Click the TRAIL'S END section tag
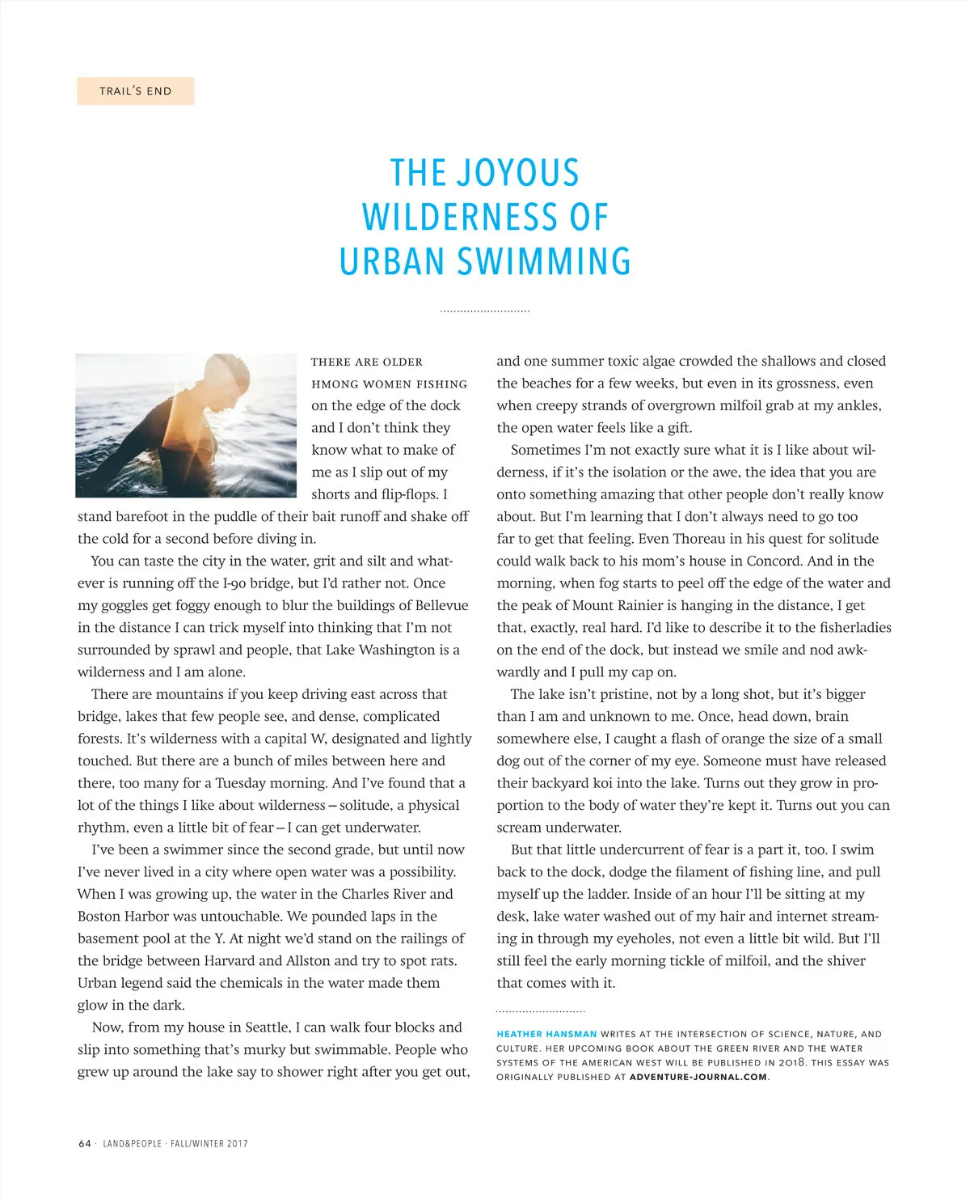tap(135, 91)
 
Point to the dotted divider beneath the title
tap(485, 311)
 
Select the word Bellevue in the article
tap(441, 605)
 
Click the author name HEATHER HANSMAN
tap(546, 1034)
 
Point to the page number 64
tap(85, 1143)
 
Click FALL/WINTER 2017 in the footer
tap(209, 1143)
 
